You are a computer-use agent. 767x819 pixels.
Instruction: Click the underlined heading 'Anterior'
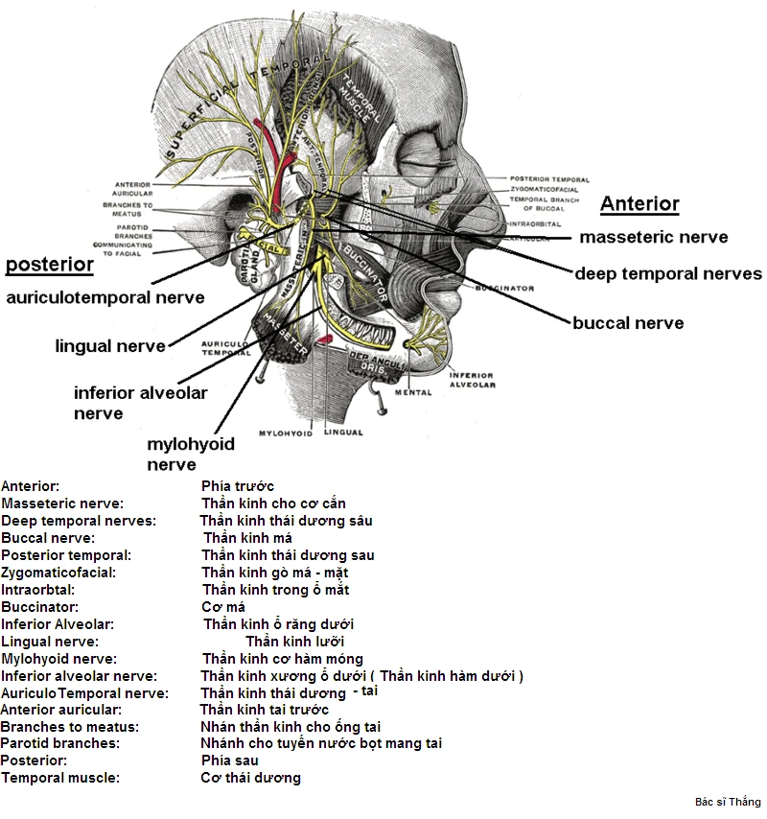(639, 203)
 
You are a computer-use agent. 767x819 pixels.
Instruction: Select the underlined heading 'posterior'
(50, 264)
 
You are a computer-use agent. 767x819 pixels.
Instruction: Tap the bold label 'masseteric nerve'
(654, 237)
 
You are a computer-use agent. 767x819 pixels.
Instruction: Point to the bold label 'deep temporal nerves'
(668, 274)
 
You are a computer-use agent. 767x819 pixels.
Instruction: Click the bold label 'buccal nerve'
(628, 323)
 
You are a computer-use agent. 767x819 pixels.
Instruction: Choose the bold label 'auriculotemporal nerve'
(105, 297)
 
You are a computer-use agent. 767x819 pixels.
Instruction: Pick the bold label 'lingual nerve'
(110, 345)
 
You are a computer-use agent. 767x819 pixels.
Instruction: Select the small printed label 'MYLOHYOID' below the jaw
(286, 433)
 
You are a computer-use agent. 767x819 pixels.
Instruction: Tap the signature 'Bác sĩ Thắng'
(728, 802)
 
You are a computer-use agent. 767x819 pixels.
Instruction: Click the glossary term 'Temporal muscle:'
(60, 778)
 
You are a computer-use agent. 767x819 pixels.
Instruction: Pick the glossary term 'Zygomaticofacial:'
(58, 573)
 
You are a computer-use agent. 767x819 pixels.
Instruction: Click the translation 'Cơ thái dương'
(250, 778)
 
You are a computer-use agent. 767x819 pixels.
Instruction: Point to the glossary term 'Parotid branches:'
(59, 743)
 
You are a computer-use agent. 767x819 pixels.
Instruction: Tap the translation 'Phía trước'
(238, 486)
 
